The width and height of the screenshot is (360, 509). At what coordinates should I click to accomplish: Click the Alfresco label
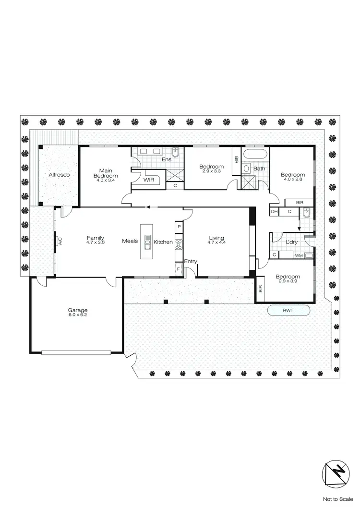tap(59, 175)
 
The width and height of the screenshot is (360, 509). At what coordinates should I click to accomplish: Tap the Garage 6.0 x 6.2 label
tap(78, 313)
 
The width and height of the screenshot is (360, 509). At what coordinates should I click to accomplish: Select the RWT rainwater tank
tap(288, 311)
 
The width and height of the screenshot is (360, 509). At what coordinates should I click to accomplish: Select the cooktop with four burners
tap(179, 244)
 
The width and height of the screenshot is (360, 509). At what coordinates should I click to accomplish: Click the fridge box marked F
tap(179, 270)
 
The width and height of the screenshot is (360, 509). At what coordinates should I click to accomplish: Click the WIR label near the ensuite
tap(148, 180)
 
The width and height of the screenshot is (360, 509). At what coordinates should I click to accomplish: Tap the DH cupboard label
tap(274, 211)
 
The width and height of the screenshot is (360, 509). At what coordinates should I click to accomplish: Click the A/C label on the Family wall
tap(60, 242)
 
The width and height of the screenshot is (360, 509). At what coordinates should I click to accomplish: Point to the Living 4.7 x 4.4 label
tap(216, 240)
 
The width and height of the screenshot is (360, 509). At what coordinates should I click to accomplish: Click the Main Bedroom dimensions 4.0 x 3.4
tap(106, 181)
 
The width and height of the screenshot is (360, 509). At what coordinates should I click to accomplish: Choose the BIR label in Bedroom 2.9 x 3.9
tap(261, 289)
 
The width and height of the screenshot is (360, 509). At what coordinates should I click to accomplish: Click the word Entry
tap(191, 261)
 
